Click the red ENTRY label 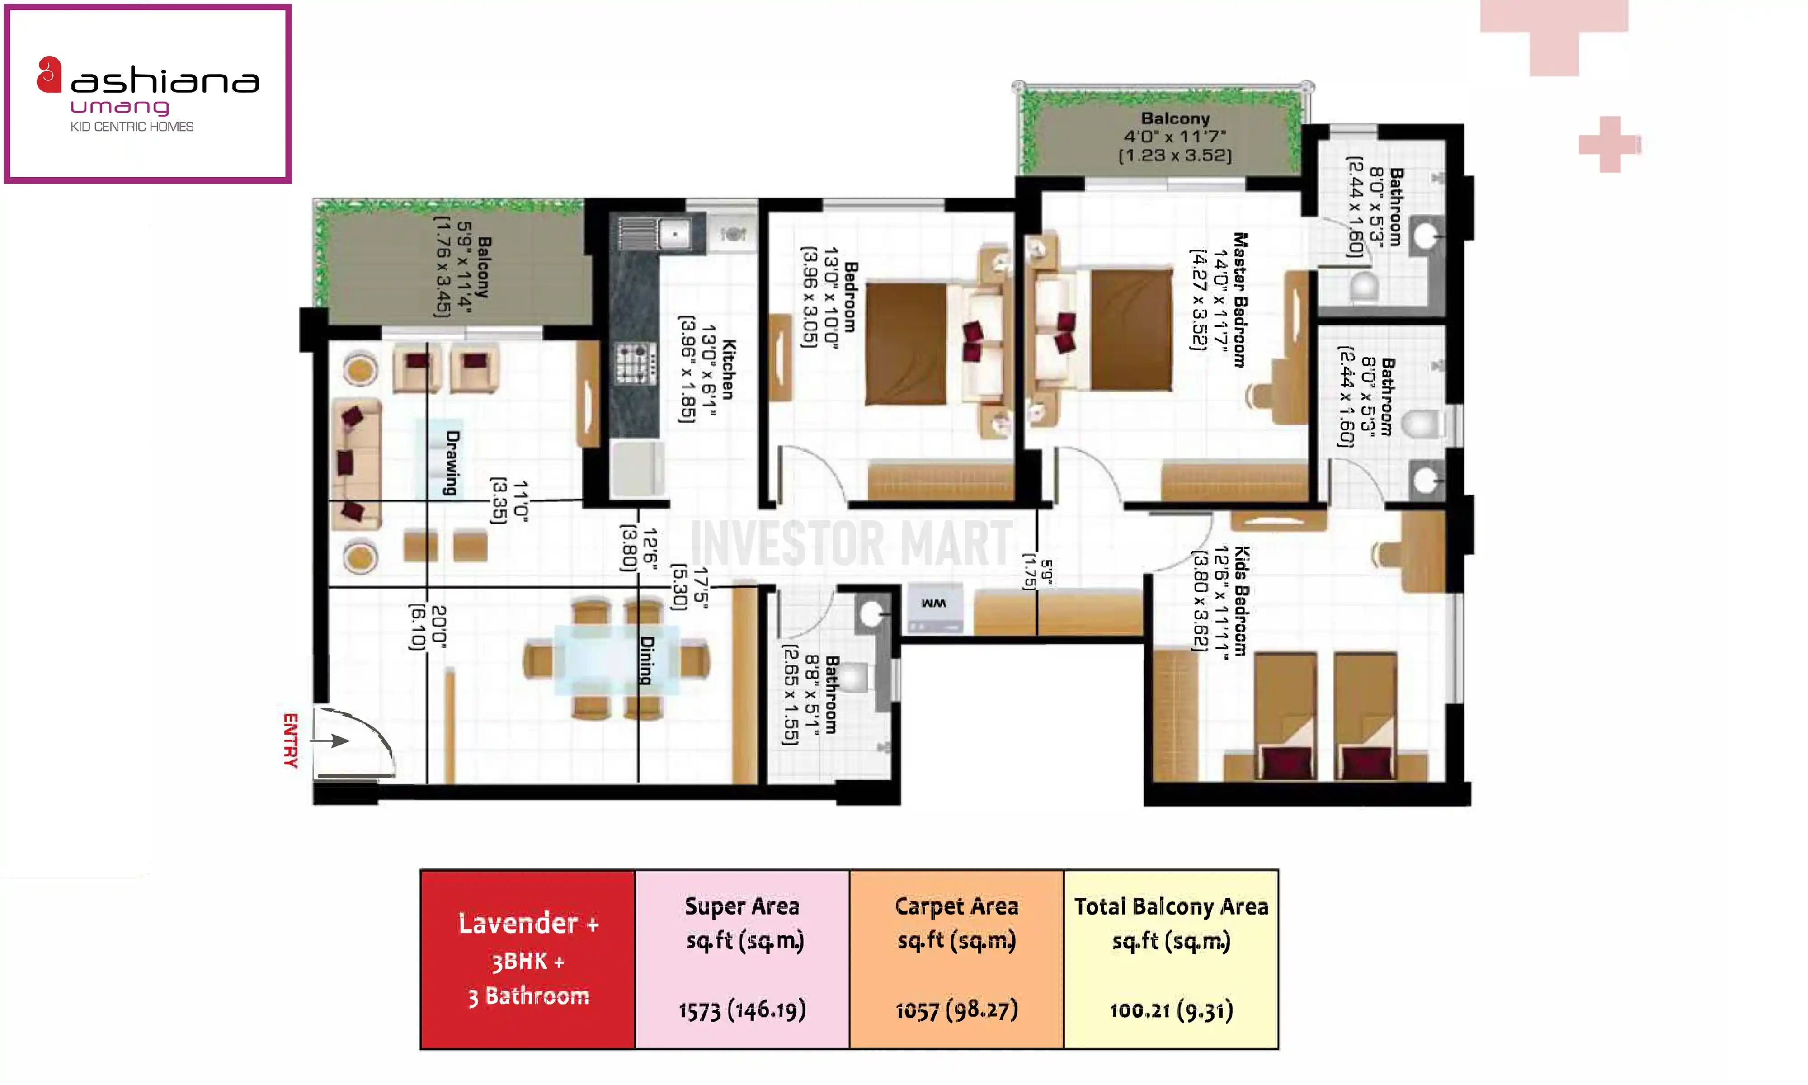click(x=291, y=741)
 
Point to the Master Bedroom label click(x=1240, y=300)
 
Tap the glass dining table click(x=616, y=660)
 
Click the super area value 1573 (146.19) click(x=742, y=1010)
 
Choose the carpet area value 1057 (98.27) click(x=956, y=1010)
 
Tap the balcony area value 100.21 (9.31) click(x=1172, y=1010)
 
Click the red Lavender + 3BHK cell click(x=527, y=959)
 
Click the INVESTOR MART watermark click(x=852, y=543)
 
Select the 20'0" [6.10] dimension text click(x=428, y=627)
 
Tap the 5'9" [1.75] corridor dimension click(x=1038, y=575)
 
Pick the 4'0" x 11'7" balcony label click(x=1175, y=137)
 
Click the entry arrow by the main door click(x=330, y=741)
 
